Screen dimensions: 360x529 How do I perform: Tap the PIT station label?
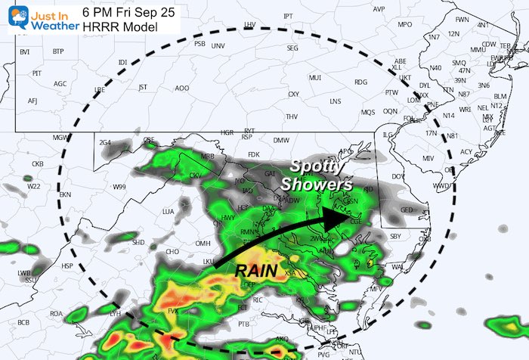pos(36,73)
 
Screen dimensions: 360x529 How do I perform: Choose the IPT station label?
pos(287,16)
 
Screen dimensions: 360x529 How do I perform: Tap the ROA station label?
pos(56,313)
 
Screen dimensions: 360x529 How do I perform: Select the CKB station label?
pos(37,163)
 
